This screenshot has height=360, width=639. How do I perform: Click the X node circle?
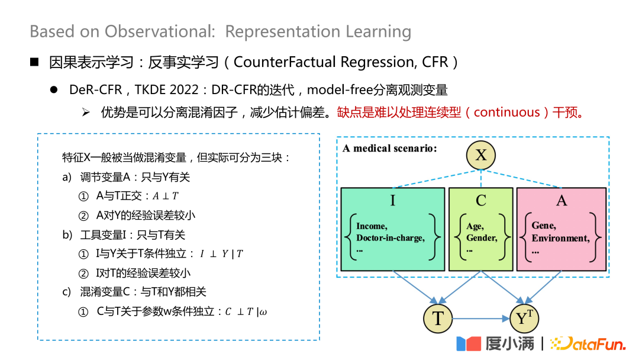pos(480,155)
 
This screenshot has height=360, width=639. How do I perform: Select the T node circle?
pos(438,319)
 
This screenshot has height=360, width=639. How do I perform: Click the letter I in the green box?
pos(392,201)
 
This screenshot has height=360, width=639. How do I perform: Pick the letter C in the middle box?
pos(480,201)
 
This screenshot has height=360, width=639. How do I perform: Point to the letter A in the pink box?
pos(561,201)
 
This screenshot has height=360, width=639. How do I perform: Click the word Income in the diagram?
pos(372,226)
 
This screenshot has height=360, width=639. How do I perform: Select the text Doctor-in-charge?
pos(390,238)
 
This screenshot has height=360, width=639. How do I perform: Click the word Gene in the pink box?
pos(543,226)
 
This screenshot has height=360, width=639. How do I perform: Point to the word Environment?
pos(560,238)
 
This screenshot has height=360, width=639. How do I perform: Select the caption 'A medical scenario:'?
pos(390,148)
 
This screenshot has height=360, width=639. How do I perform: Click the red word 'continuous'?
pos(506,112)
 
